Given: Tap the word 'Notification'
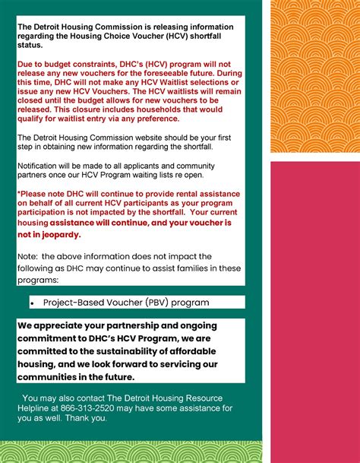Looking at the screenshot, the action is pyautogui.click(x=42, y=165).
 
